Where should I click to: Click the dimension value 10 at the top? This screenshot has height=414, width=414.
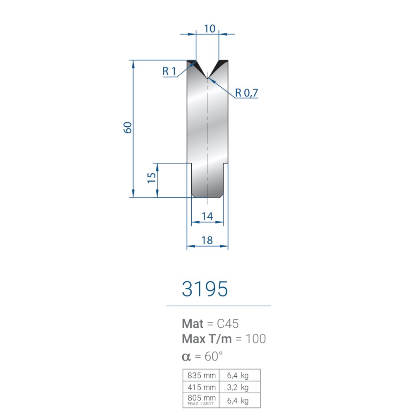210,29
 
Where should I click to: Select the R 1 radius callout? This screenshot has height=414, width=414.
169,71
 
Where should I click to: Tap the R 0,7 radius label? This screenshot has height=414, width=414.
246,93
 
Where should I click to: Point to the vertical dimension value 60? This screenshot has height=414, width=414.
128,128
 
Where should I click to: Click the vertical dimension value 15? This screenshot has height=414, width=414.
152,178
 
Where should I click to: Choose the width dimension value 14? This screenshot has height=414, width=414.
207,217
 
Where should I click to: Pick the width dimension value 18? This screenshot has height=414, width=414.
207,241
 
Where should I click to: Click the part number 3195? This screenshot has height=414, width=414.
205,289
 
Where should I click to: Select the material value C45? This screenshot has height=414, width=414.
228,324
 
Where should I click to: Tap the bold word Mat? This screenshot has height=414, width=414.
193,324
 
